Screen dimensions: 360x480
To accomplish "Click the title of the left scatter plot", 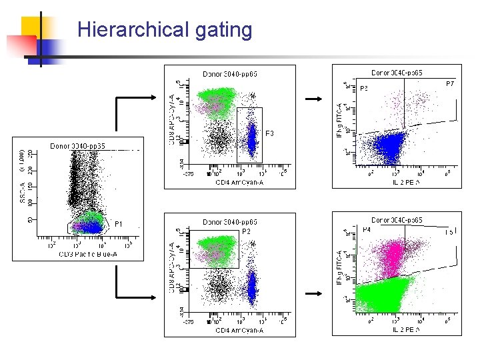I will coord(78,145).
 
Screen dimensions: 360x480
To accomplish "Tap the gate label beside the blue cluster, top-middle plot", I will coord(270,134).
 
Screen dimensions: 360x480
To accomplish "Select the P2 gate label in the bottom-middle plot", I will coord(246,231).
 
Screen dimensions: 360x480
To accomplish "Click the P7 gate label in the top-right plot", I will coord(450,84).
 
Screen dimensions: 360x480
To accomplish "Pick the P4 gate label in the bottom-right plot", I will coord(367,229).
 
